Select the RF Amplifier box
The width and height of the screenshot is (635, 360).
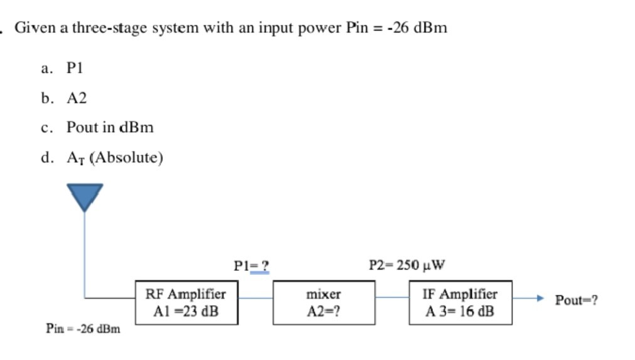186,302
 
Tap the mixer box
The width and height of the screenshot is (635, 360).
323,302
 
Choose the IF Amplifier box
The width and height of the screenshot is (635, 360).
460,302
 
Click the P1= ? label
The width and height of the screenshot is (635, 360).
252,265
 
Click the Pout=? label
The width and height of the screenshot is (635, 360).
576,300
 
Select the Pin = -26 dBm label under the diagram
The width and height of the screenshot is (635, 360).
83,328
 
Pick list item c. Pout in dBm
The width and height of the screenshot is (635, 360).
98,127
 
